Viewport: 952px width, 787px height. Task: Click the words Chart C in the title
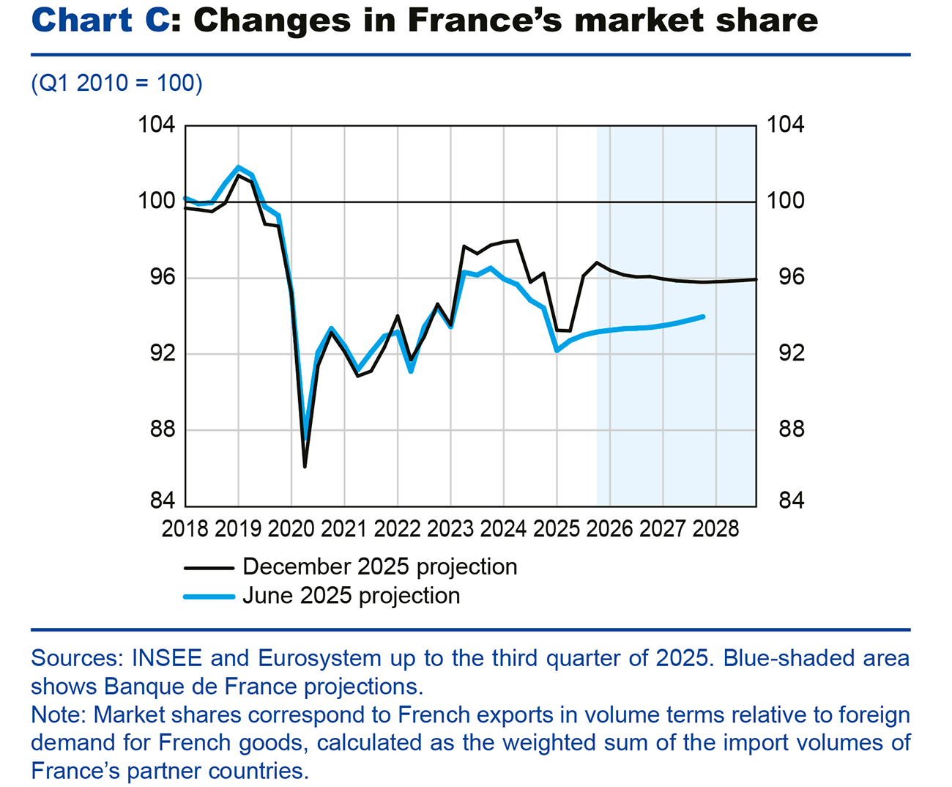click(100, 20)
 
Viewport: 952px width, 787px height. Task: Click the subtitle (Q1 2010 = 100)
click(116, 83)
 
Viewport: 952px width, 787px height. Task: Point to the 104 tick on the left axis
click(157, 125)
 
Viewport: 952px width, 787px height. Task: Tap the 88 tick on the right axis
click(785, 429)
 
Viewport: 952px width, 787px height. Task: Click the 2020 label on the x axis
click(291, 529)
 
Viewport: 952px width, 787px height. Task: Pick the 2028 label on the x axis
click(715, 529)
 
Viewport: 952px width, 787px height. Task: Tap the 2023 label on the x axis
click(450, 529)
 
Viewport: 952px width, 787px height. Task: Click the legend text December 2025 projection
click(379, 566)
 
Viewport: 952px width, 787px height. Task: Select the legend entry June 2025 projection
click(351, 596)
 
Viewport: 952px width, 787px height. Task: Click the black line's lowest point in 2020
click(305, 467)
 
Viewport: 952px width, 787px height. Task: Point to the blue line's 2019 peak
click(239, 167)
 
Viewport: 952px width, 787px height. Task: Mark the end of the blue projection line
click(703, 317)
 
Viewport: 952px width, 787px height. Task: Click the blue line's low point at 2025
click(557, 350)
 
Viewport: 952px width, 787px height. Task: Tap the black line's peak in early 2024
click(517, 240)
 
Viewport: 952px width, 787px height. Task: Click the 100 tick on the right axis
click(785, 201)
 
